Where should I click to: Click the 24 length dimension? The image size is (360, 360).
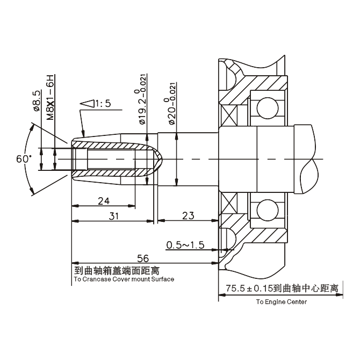[x=104, y=201]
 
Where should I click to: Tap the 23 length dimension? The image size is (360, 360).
[x=188, y=216]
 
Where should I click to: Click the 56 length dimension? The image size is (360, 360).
[x=142, y=258]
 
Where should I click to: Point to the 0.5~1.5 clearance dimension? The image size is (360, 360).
[x=185, y=245]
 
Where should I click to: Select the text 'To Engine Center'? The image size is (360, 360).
[x=282, y=302]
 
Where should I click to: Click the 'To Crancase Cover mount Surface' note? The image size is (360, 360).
[x=124, y=279]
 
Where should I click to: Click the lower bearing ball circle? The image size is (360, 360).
[x=267, y=209]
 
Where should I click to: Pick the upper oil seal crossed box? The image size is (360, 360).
[x=228, y=113]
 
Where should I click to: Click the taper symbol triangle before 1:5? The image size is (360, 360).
[x=86, y=104]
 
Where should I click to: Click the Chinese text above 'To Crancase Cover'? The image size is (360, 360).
[x=116, y=270]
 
